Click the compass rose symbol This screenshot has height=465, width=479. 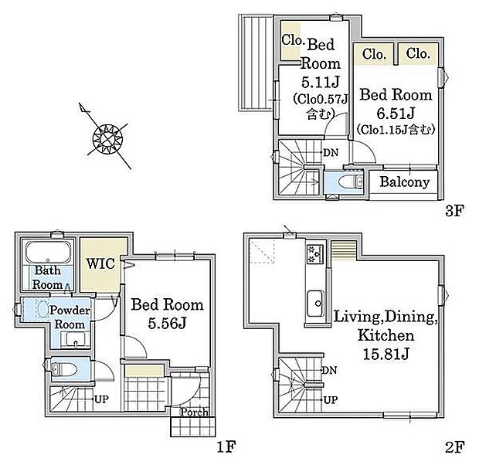pyautogui.click(x=107, y=138)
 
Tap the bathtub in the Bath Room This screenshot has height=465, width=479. pyautogui.click(x=48, y=253)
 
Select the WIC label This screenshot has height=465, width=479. pyautogui.click(x=100, y=263)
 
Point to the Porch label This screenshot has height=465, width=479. pyautogui.click(x=194, y=412)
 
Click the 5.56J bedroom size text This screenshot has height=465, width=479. pyautogui.click(x=167, y=323)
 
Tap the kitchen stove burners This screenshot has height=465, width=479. pyautogui.click(x=314, y=254)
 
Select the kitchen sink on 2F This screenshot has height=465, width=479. pyautogui.click(x=315, y=304)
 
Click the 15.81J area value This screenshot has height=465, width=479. pyautogui.click(x=386, y=355)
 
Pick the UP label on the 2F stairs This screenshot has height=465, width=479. pyautogui.click(x=330, y=400)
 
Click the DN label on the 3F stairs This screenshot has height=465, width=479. pyautogui.click(x=331, y=152)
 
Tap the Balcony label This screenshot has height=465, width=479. pyautogui.click(x=405, y=182)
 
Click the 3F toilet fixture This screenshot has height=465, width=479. pyautogui.click(x=351, y=182)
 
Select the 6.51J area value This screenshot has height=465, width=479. pyautogui.click(x=396, y=114)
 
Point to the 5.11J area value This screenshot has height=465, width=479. pyautogui.click(x=321, y=82)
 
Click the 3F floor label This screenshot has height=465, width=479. pyautogui.click(x=455, y=211)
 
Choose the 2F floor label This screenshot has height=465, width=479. pyautogui.click(x=455, y=447)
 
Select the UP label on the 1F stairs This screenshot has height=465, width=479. pyautogui.click(x=101, y=399)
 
